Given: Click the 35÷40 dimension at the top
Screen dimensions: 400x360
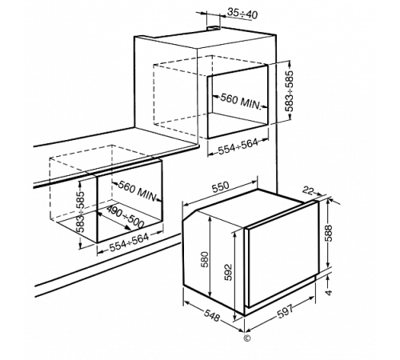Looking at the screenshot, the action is point(242,14).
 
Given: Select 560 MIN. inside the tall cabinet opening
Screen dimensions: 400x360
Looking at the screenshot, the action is point(240,102).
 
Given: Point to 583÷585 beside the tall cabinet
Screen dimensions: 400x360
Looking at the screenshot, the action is point(289,91).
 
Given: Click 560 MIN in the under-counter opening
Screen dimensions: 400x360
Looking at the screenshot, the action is point(137,191).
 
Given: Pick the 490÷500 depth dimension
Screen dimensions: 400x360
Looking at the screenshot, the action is point(125,216).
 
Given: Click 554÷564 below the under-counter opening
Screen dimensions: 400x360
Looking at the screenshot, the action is point(129,242).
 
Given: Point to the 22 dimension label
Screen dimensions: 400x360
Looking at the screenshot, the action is point(307,190).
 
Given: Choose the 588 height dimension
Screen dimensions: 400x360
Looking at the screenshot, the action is point(329,234).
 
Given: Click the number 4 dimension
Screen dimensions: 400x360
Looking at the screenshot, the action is point(329,293).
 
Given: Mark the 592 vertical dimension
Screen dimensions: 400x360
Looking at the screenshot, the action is point(229,272).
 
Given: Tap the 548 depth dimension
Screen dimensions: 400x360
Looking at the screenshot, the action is point(212,316).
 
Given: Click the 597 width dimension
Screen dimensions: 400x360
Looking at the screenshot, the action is point(285,311).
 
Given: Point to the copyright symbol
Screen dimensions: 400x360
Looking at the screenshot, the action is point(247,338).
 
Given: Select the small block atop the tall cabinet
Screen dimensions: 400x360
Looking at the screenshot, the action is point(214,27).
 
